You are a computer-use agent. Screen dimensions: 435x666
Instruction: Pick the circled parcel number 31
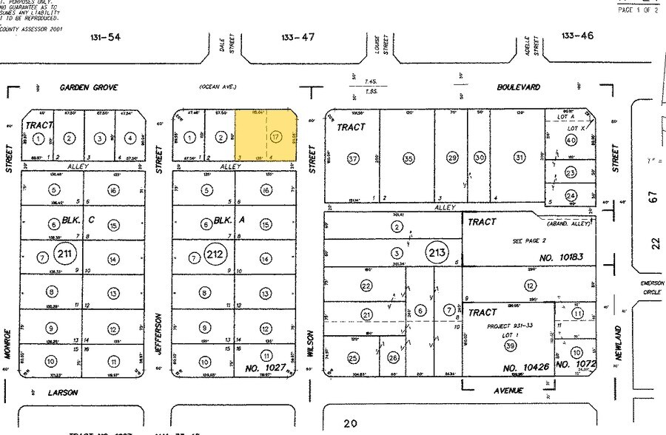(519, 158)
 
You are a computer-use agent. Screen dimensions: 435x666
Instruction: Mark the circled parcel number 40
(571, 140)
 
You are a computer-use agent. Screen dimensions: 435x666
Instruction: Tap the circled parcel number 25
(353, 359)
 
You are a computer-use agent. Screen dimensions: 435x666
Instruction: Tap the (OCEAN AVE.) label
(217, 87)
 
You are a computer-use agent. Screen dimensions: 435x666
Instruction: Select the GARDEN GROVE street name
(84, 87)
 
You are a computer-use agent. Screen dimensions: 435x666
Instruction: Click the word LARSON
(63, 393)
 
